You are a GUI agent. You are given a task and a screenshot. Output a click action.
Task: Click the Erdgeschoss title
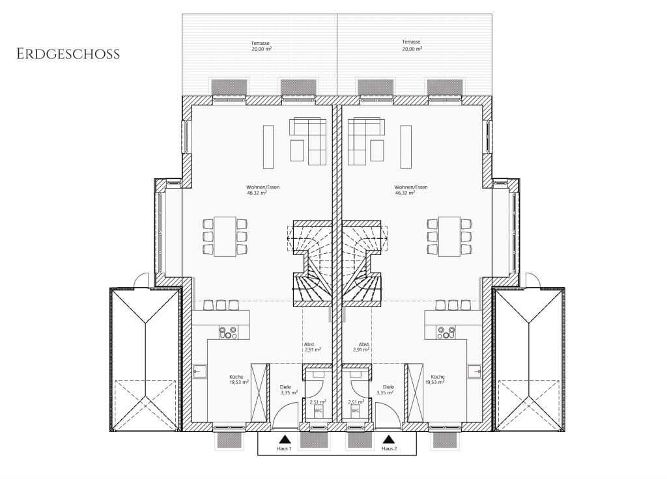(68, 55)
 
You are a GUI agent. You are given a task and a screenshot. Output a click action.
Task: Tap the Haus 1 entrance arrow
(285, 439)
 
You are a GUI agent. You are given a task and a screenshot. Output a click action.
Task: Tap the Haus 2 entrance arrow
(388, 439)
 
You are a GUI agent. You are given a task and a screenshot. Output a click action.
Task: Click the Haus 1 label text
(284, 449)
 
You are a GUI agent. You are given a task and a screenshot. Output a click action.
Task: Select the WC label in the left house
(318, 411)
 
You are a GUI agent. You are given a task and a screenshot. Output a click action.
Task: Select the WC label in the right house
(355, 411)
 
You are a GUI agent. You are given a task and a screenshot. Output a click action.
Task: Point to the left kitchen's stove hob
(229, 333)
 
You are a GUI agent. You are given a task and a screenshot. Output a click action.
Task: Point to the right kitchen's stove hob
(446, 333)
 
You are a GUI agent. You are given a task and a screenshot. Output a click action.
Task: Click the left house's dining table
(225, 237)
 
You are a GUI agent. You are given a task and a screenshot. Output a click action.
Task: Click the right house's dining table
(449, 237)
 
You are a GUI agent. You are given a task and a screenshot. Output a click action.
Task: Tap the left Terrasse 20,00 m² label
(261, 46)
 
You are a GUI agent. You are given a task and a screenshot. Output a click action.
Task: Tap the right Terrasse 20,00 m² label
(412, 45)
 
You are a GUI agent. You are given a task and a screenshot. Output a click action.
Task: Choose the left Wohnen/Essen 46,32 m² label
(263, 189)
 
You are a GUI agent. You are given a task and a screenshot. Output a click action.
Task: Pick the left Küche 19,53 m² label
(238, 379)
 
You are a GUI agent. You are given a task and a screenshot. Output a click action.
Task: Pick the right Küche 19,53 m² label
(436, 379)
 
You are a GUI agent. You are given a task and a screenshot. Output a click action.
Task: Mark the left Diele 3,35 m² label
(289, 390)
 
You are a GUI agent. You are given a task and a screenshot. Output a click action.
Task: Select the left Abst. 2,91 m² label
(312, 347)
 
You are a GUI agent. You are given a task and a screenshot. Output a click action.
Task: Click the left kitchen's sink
(199, 372)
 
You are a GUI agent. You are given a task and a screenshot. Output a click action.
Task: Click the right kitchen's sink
(475, 372)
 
